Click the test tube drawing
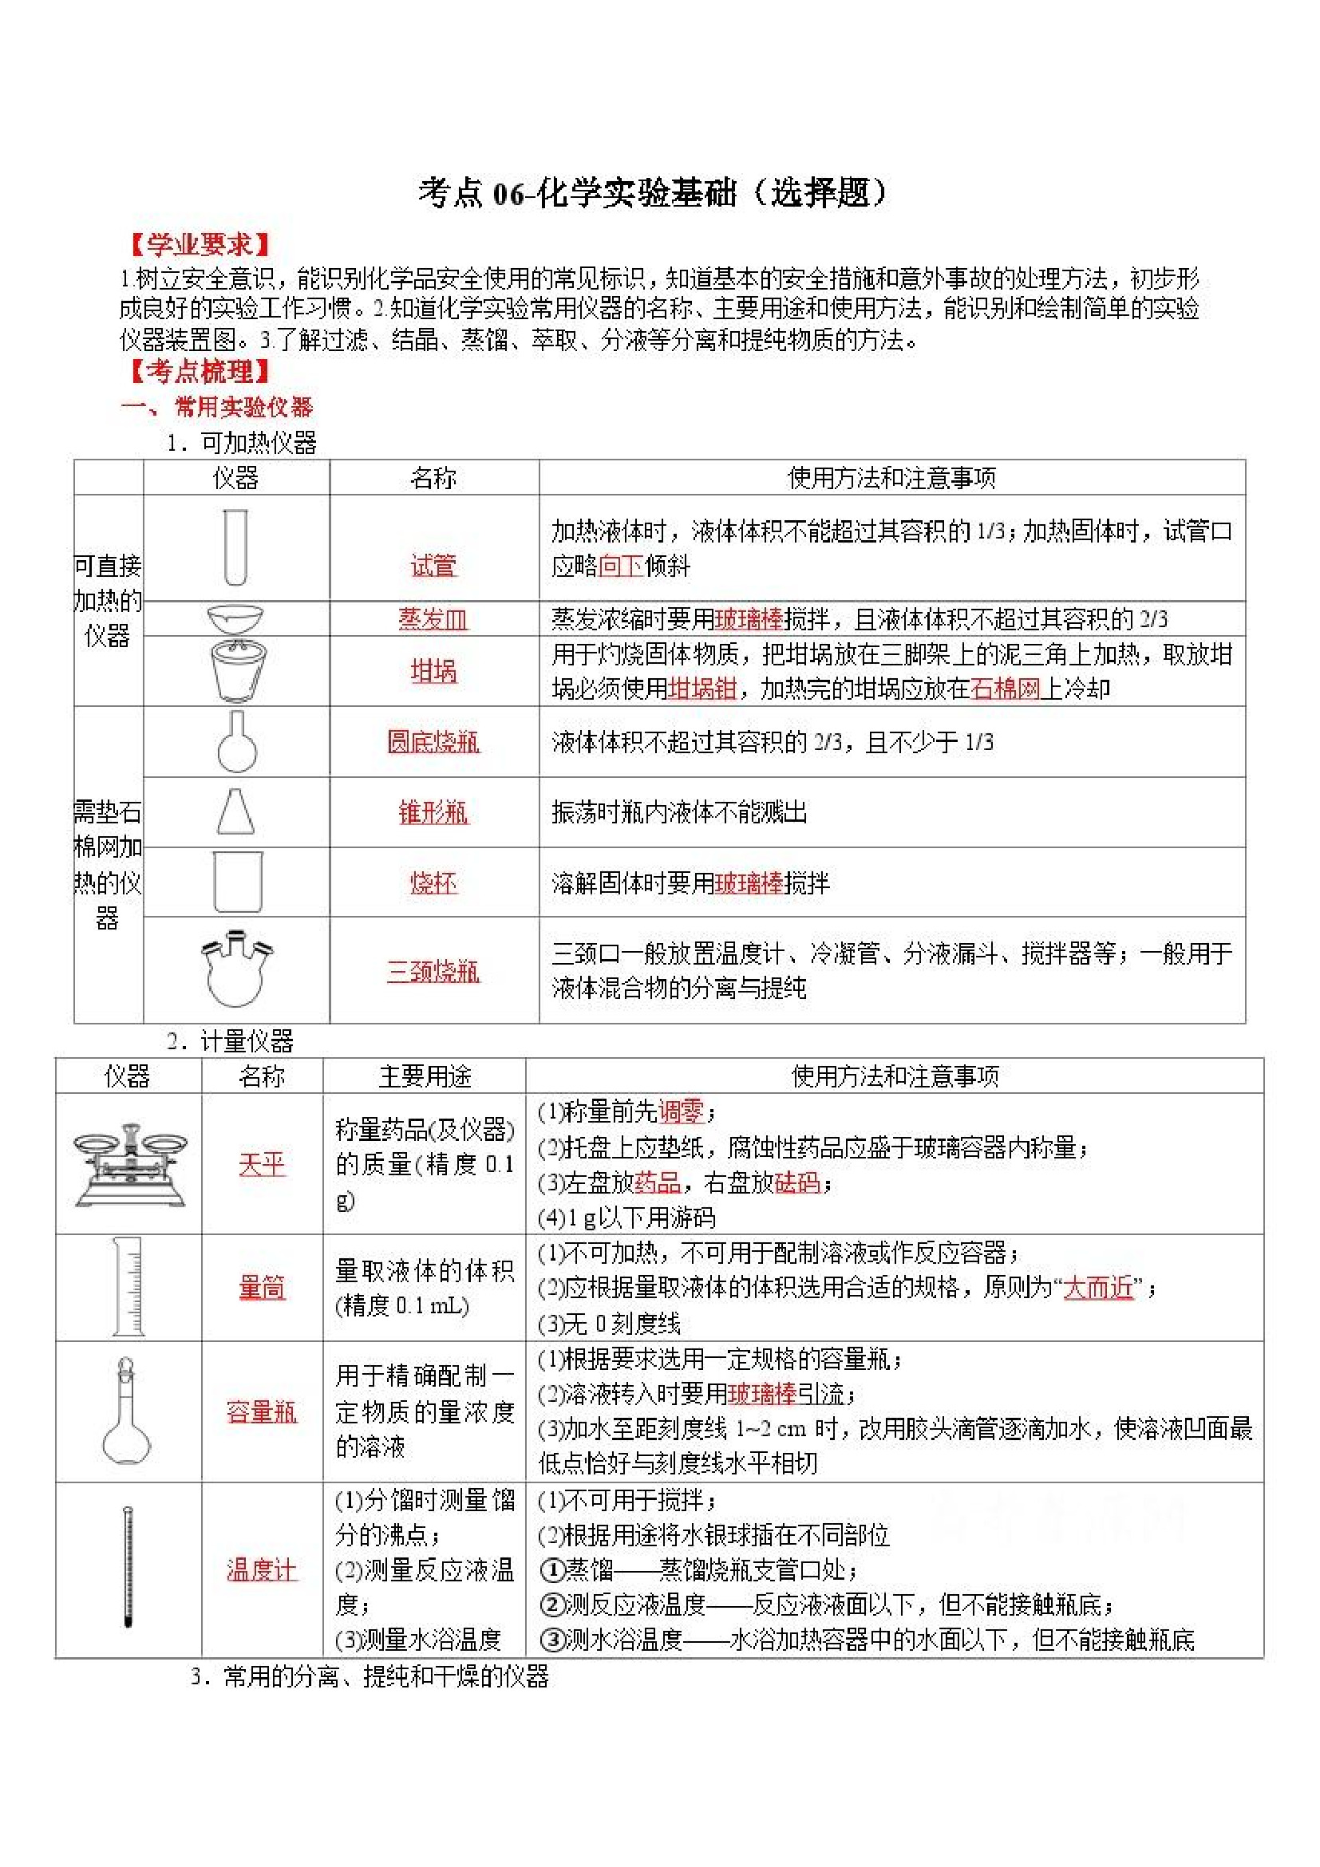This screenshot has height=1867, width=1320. click(x=235, y=547)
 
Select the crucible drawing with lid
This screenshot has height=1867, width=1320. click(x=237, y=670)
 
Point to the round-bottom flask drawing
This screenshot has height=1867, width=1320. click(x=237, y=741)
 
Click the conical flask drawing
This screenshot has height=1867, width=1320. click(x=236, y=811)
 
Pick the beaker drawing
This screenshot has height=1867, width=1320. click(x=237, y=882)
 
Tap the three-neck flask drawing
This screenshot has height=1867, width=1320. click(x=237, y=969)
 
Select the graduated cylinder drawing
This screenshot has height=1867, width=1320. click(x=128, y=1286)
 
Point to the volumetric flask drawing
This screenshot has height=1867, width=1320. click(x=126, y=1411)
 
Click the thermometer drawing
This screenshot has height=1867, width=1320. click(x=128, y=1567)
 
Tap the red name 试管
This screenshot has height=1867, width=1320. click(x=433, y=565)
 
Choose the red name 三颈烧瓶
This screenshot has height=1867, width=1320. click(x=433, y=971)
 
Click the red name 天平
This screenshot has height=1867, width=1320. click(x=262, y=1164)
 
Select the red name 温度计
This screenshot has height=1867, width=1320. click(x=262, y=1569)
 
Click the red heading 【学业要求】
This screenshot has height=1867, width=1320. click(x=200, y=245)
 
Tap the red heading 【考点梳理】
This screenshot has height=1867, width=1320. click(x=200, y=372)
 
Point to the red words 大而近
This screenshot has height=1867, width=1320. click(x=1098, y=1287)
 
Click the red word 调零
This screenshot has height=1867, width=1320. click(x=680, y=1111)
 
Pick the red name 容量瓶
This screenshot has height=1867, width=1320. click(x=262, y=1411)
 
